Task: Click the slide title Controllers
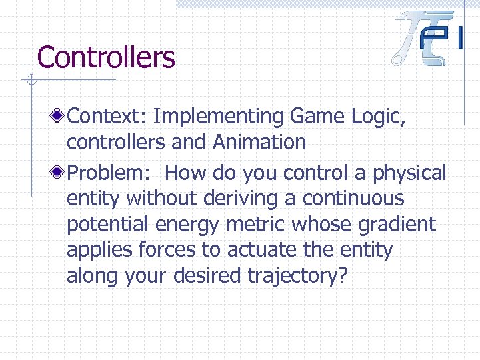[106, 57]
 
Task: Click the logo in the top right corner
[427, 38]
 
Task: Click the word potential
[107, 225]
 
